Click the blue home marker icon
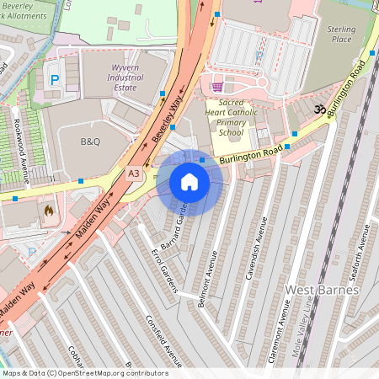tap(189, 182)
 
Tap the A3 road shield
tap(133, 173)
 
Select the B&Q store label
tap(90, 141)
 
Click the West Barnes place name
tap(322, 290)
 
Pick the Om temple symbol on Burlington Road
tap(319, 109)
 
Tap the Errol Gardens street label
tap(164, 271)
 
